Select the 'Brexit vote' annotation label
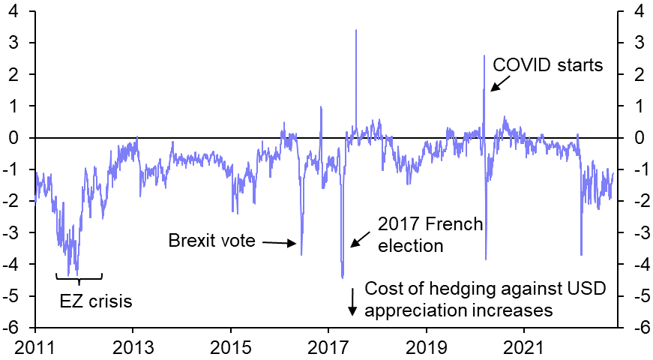(x=211, y=241)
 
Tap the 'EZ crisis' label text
(x=96, y=302)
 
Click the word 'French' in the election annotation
(x=451, y=224)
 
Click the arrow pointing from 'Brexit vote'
(x=281, y=242)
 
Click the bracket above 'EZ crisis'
(x=79, y=277)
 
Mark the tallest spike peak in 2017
(x=355, y=30)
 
